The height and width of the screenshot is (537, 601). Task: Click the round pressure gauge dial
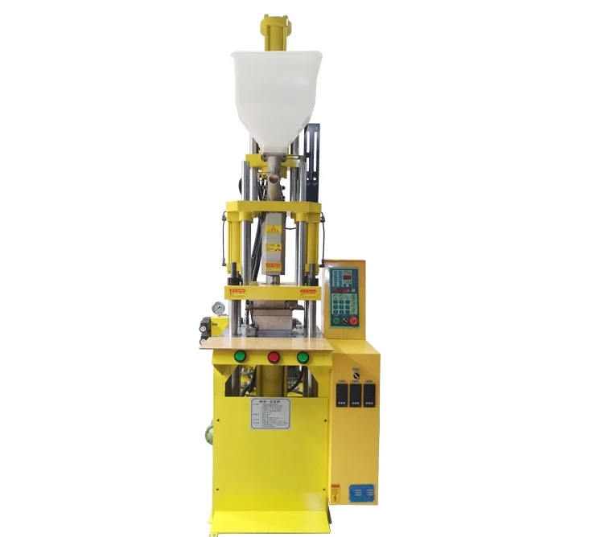pos(219,308)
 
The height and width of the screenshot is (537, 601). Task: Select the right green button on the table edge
pos(303,357)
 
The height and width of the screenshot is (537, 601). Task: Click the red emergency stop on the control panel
pos(353,320)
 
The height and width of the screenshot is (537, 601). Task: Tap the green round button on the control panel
pos(337,320)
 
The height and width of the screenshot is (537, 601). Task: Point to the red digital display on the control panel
pos(344,277)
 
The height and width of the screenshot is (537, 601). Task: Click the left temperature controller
pos(342,394)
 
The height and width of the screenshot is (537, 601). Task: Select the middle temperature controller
pos(356,394)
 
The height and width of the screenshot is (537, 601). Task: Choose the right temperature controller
pos(368,394)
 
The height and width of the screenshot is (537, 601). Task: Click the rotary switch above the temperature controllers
pos(356,373)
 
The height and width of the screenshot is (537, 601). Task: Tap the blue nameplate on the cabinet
pos(361,490)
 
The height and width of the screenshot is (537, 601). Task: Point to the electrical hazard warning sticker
pos(336,490)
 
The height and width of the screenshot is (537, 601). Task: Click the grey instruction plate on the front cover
pos(270,413)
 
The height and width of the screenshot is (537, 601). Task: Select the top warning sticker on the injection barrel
pos(273,228)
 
